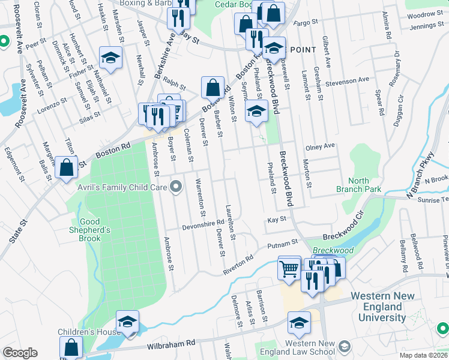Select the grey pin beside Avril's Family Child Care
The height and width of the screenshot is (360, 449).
pos(176,188)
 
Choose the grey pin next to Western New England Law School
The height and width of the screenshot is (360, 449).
pos(345,346)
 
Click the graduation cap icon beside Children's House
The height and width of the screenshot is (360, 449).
pos(127,322)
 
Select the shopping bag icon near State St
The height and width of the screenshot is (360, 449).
pos(67,168)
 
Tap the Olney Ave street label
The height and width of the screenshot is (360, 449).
pos(320,146)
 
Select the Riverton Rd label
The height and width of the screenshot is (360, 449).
pos(238,262)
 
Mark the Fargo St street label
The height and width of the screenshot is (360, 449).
pos(304,23)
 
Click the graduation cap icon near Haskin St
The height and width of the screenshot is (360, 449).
pos(110,58)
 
